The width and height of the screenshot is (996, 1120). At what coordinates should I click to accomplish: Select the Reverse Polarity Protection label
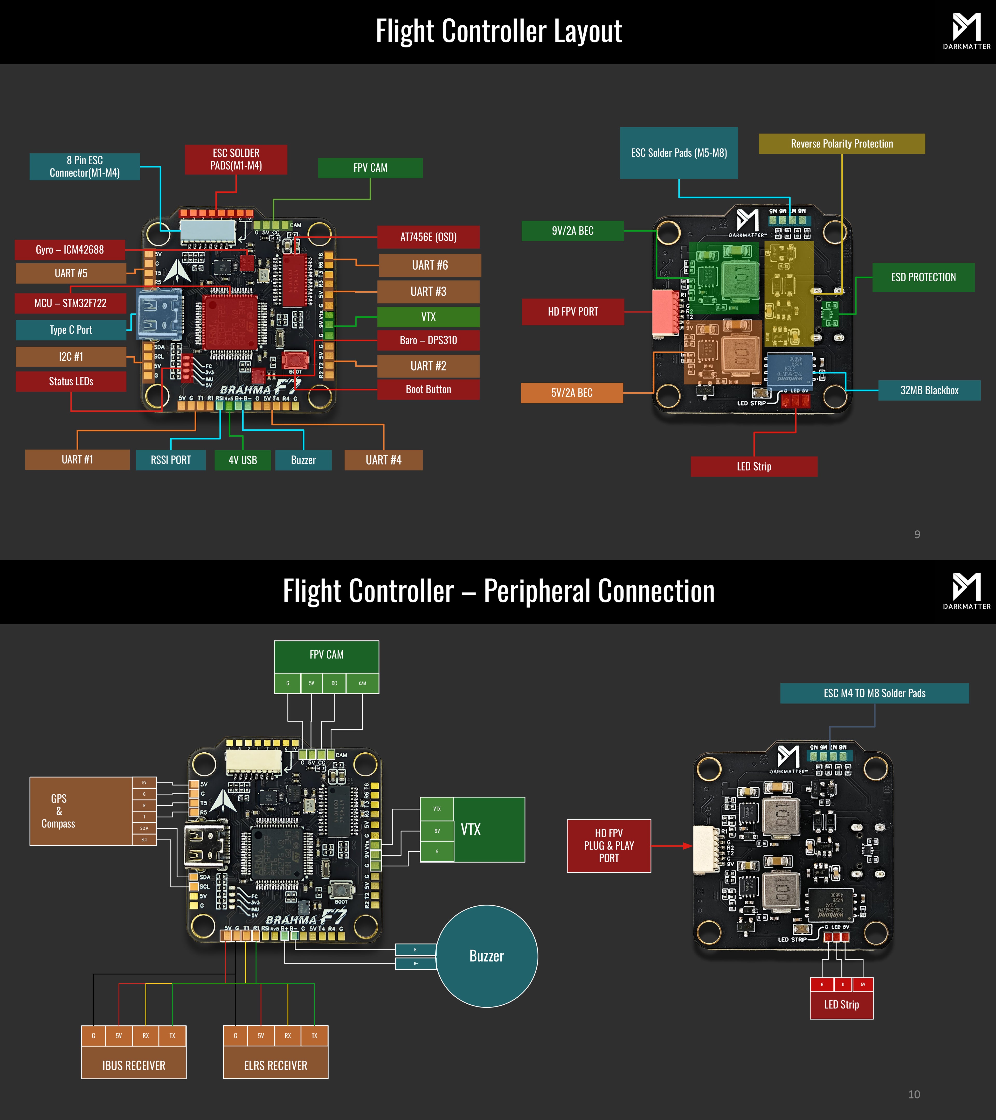(x=841, y=144)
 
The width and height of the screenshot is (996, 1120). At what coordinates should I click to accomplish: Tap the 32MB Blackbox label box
(x=929, y=390)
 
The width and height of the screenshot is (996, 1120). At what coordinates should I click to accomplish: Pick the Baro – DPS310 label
(x=428, y=340)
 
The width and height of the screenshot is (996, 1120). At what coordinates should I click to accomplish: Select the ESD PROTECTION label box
(x=923, y=277)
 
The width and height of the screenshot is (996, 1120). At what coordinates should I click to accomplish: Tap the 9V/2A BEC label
(x=572, y=231)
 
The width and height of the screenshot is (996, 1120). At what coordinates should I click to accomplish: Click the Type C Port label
(x=71, y=330)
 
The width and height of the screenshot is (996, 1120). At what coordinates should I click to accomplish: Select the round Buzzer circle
(x=487, y=956)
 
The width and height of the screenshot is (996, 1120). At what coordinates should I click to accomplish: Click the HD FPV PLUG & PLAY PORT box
(x=608, y=845)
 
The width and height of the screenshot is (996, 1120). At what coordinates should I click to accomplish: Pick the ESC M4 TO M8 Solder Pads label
(x=874, y=693)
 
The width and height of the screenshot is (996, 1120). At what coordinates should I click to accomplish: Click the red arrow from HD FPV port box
(x=672, y=845)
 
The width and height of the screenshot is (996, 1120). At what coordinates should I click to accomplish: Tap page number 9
(x=917, y=534)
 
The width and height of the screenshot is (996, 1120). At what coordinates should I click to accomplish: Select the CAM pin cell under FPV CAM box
(x=362, y=683)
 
